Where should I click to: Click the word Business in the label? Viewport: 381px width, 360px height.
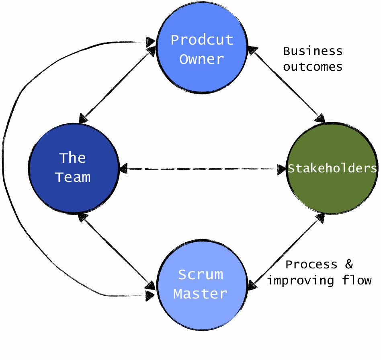(x=313, y=51)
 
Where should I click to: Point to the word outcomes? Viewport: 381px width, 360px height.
(x=313, y=67)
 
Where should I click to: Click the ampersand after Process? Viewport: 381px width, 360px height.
(x=348, y=264)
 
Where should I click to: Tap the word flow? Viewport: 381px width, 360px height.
(x=357, y=280)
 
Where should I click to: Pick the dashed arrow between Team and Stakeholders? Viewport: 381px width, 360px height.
(x=201, y=169)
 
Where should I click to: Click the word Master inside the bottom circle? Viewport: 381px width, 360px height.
(x=200, y=294)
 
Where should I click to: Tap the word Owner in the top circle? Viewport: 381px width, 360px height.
(x=201, y=59)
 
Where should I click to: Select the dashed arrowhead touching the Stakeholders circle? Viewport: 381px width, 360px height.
(x=281, y=169)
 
